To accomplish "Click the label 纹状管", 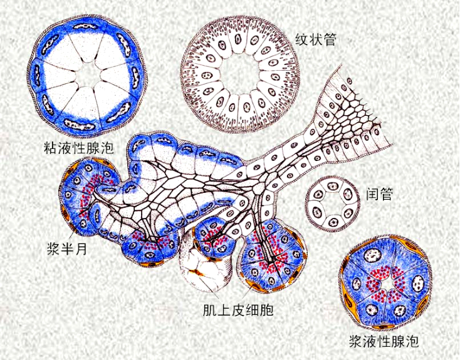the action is click(316, 39).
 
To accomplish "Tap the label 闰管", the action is click(379, 194).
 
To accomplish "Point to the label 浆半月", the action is click(66, 244).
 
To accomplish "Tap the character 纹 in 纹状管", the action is click(302, 39).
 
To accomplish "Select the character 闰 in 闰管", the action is click(371, 194).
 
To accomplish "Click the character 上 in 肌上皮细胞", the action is click(225, 311).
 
